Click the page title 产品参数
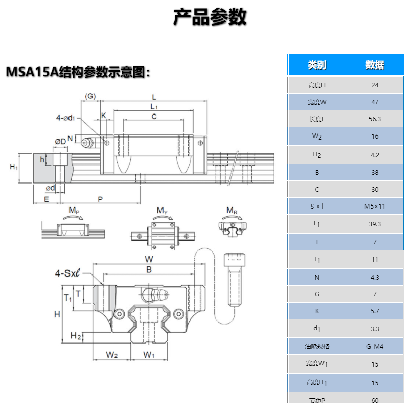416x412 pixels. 210,17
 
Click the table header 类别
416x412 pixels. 317,65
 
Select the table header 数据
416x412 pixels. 375,65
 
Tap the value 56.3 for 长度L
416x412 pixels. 375,119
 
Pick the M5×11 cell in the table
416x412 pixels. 375,207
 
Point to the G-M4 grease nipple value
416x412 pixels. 375,347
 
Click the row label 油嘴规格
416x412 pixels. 317,347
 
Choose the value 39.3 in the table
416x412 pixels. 375,224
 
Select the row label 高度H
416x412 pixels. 317,85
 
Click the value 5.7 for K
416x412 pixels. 375,311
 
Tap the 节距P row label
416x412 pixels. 317,400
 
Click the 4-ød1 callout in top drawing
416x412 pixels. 65,118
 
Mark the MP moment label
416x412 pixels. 74,210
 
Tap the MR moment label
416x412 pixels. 232,210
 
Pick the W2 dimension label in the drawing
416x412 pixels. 112,355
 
